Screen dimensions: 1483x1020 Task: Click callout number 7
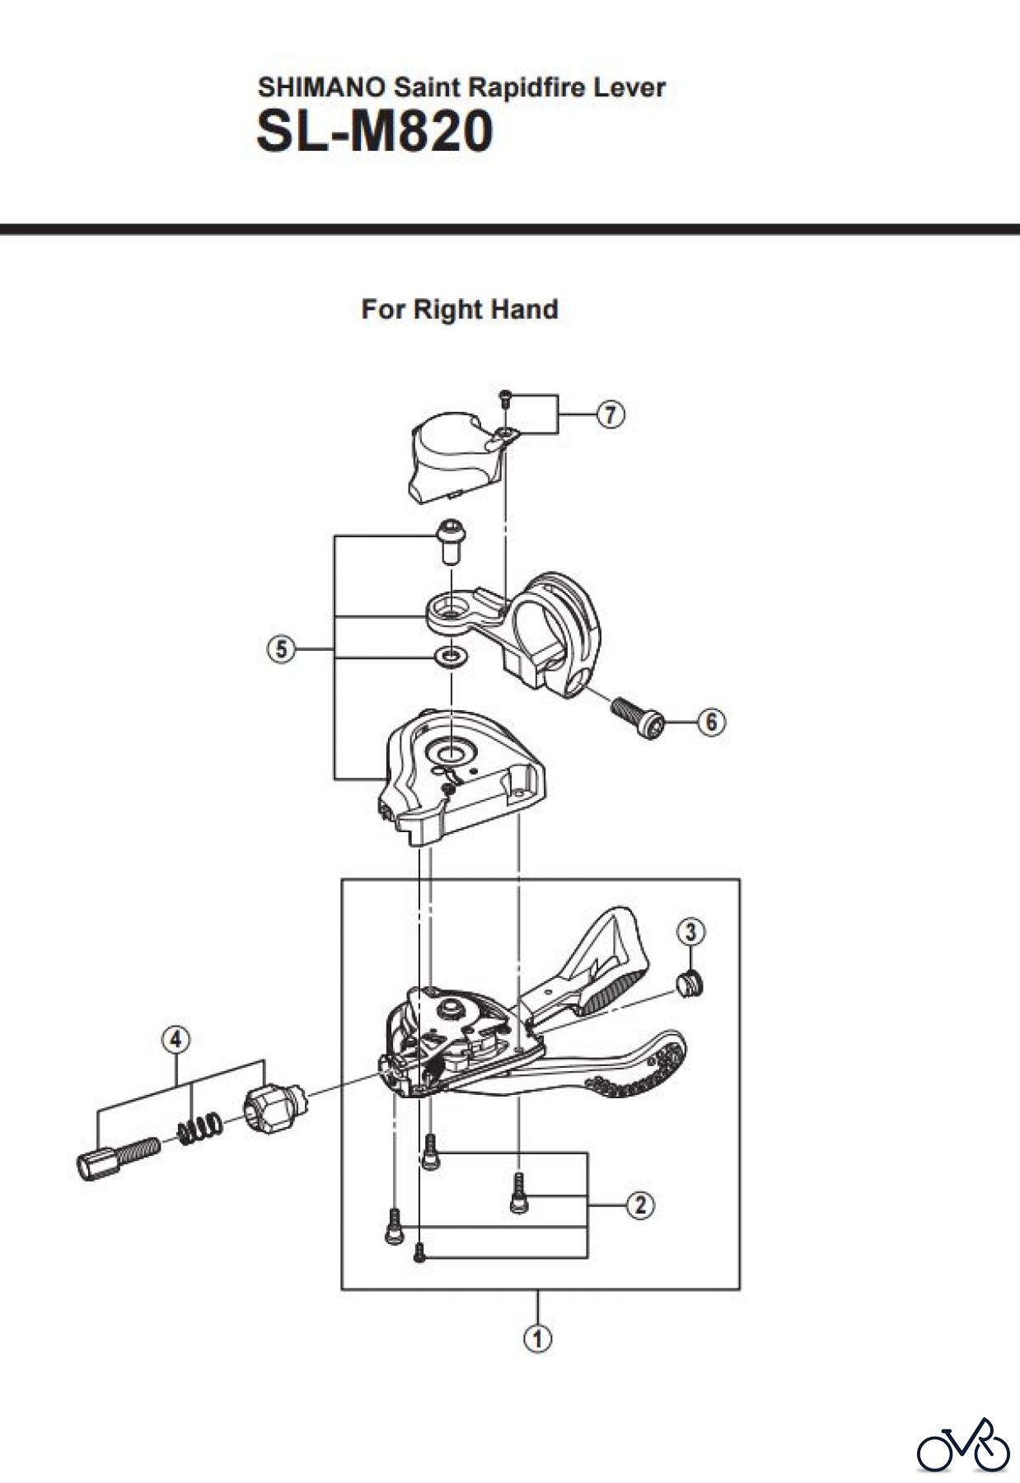click(x=610, y=414)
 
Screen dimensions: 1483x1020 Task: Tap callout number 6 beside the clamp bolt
click(x=712, y=723)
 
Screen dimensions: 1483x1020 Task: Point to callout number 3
click(x=690, y=932)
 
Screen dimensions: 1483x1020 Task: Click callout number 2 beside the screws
click(x=640, y=1205)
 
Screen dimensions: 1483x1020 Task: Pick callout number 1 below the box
click(x=538, y=1339)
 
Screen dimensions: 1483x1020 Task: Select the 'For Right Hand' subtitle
click(x=460, y=310)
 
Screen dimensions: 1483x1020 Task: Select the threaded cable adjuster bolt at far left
click(x=118, y=1156)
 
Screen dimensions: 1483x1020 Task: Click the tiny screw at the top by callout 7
click(x=504, y=399)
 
